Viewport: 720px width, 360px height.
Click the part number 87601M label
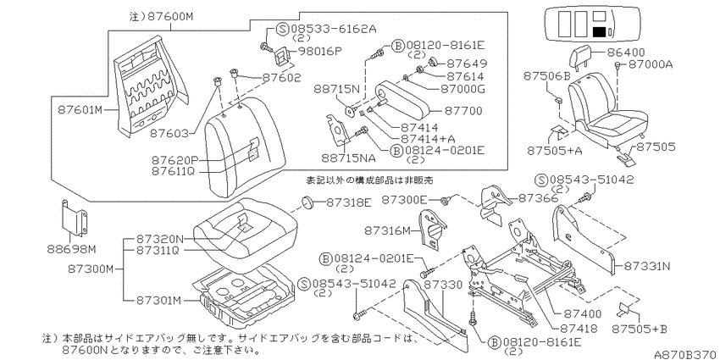click(80, 110)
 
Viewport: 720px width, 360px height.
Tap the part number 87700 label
click(462, 111)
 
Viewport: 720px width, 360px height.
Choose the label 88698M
click(71, 249)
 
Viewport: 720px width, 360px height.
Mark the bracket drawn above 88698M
click(74, 220)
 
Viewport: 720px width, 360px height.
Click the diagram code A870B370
click(686, 354)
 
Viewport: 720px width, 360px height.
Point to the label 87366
click(538, 198)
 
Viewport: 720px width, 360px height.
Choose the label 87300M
click(90, 269)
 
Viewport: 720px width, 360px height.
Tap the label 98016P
click(321, 51)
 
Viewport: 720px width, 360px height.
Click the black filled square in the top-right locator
click(598, 32)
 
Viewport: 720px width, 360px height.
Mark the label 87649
click(467, 64)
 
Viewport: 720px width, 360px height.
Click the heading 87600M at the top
click(161, 17)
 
